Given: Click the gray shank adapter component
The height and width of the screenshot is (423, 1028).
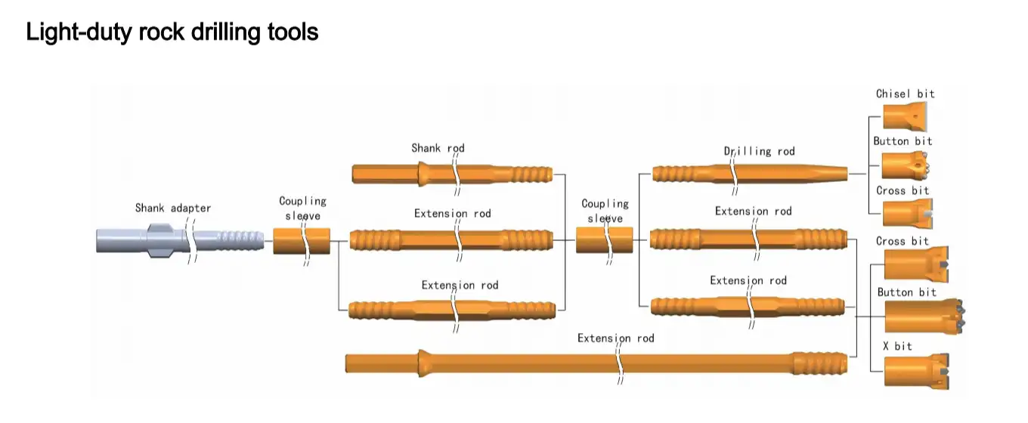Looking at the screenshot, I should pos(144,241).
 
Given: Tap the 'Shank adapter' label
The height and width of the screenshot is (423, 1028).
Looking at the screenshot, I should pos(173,208).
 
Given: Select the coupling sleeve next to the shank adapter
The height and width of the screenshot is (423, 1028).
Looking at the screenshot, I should pos(301,242).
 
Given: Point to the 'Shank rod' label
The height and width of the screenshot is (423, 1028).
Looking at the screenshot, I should pos(438,148).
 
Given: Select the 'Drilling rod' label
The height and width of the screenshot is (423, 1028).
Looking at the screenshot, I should pos(759,151).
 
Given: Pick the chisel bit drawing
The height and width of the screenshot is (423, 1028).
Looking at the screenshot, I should pos(903,116).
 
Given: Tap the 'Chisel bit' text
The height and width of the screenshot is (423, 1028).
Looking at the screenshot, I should pos(905,94).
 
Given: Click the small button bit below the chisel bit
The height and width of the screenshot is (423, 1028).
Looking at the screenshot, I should pos(905,164).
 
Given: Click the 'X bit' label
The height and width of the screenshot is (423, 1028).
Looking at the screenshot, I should pos(897,346).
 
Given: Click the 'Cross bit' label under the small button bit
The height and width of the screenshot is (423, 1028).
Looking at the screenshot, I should pos(902,190).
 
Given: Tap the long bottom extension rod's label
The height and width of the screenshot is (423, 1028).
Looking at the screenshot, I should pos(615,338).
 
